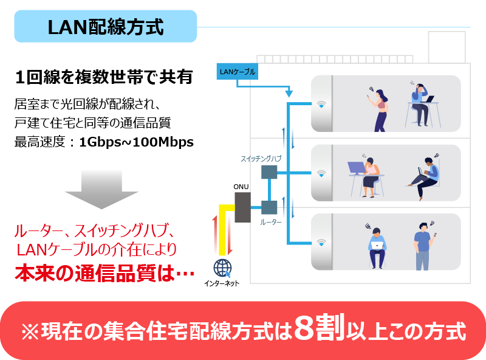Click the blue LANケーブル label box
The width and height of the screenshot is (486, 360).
pos(238,71)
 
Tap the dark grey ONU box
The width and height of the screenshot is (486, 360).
pos(242,207)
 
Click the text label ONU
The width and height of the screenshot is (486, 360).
pos(241,187)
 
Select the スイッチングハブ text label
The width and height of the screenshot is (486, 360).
pos(261,159)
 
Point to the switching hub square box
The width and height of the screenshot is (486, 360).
pos(269,172)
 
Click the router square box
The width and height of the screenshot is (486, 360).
pos(269,207)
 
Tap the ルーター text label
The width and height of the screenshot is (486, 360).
pos(271,222)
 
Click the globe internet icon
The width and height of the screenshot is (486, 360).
pos(222,268)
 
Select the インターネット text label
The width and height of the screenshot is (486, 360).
pos(222,283)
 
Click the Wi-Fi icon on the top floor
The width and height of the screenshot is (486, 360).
pos(321,104)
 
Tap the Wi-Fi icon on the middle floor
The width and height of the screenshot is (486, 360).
pos(321,173)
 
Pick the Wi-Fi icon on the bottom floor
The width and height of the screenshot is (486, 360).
pos(321,243)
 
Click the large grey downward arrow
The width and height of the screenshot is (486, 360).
pos(101,189)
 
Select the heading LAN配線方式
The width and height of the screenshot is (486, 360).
pos(106,27)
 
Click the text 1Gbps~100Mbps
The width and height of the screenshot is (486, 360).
pos(136,142)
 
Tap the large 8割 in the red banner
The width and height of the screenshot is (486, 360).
pos(320,327)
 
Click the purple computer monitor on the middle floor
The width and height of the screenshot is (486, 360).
pos(357,168)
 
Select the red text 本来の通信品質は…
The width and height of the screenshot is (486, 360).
pos(104,274)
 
